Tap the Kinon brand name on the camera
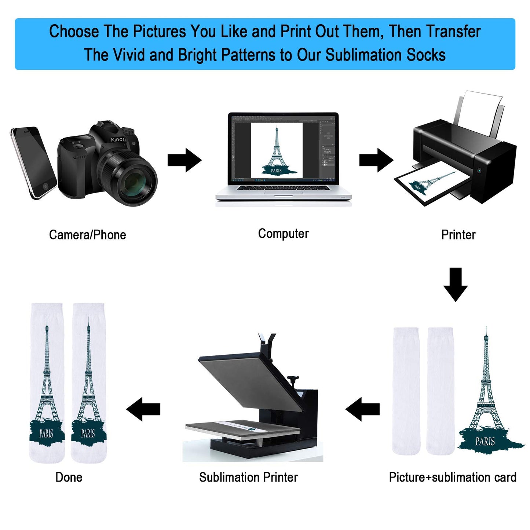[x=118, y=139]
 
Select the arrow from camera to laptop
[x=184, y=160]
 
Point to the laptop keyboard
[x=283, y=188]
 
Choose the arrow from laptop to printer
[x=376, y=160]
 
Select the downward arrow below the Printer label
[x=456, y=285]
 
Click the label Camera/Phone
[x=87, y=235]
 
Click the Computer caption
[x=283, y=234]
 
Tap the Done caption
[x=69, y=477]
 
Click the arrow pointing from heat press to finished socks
[x=143, y=409]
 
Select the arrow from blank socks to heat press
[x=362, y=409]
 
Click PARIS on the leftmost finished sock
[x=46, y=434]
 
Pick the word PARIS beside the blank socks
[x=485, y=442]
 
